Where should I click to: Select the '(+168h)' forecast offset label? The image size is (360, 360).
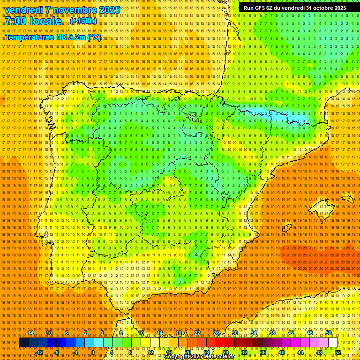pyautogui.click(x=84, y=21)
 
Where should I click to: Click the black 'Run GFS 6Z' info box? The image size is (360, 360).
pyautogui.click(x=295, y=8)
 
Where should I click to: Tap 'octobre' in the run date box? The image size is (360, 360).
pyautogui.click(x=318, y=8)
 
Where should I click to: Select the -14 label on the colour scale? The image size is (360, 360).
pyautogui.click(x=30, y=333)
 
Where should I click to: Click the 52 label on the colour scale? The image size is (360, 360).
pyautogui.click(x=337, y=352)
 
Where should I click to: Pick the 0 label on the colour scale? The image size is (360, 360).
pyautogui.click(x=93, y=352)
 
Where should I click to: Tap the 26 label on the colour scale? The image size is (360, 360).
pyautogui.click(x=216, y=333)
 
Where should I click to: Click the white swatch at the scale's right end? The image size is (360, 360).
pyautogui.click(x=333, y=343)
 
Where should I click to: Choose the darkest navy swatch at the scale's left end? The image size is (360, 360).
pyautogui.click(x=23, y=343)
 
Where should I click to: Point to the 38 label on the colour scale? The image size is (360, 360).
pyautogui.click(x=272, y=333)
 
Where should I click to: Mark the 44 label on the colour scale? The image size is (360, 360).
pyautogui.click(x=300, y=352)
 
